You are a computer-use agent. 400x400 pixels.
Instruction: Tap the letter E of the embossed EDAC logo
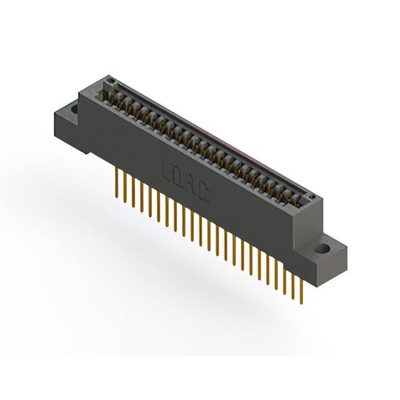pyautogui.click(x=168, y=170)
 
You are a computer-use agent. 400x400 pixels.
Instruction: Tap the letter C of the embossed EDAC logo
pyautogui.click(x=204, y=190)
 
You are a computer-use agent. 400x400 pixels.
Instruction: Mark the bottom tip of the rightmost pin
pyautogui.click(x=301, y=303)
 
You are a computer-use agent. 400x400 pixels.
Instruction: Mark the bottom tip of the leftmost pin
pyautogui.click(x=117, y=199)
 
